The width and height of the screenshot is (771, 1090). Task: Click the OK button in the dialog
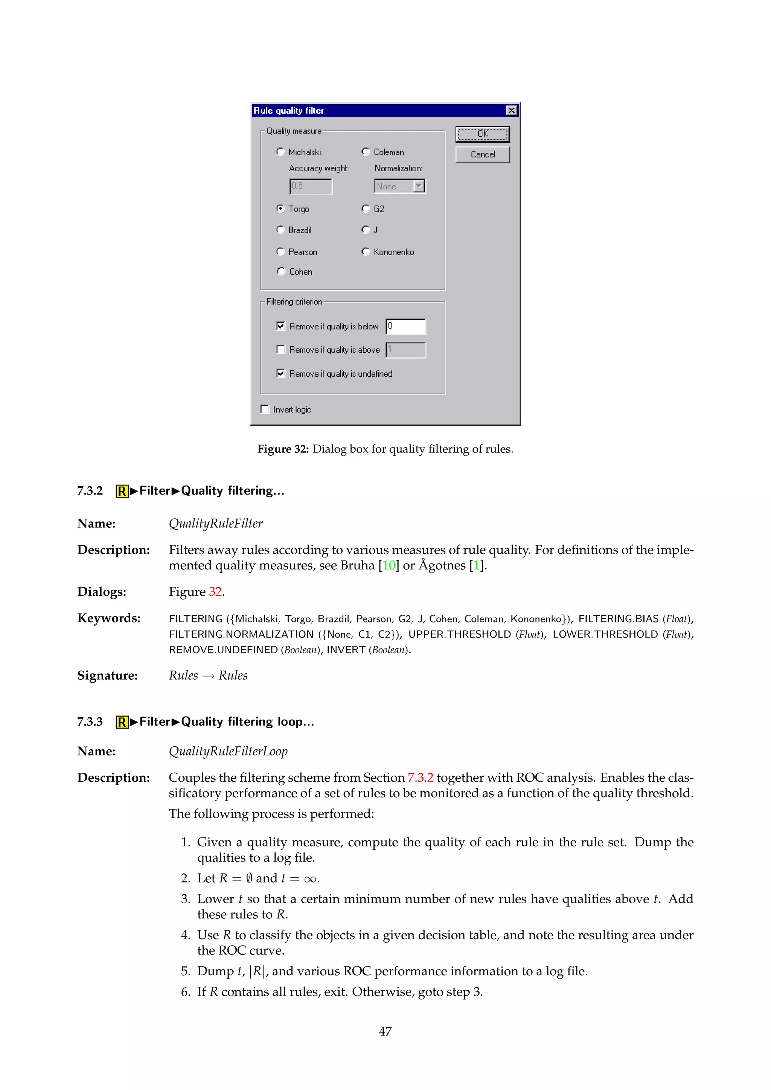coord(482,134)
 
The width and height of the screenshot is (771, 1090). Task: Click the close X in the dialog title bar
coord(511,111)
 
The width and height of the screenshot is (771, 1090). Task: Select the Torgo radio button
coord(280,209)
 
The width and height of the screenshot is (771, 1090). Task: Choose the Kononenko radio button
coord(366,252)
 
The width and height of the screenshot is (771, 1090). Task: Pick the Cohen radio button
coord(280,271)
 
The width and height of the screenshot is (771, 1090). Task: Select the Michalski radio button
coord(280,151)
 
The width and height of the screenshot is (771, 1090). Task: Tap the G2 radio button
coord(366,209)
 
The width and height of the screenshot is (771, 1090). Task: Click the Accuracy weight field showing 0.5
coord(311,186)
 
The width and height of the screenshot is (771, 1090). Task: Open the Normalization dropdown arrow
coord(419,186)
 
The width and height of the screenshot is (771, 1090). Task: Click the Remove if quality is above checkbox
coord(280,349)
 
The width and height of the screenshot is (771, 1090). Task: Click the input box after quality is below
coord(406,326)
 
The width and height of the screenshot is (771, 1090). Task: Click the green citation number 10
coord(389,565)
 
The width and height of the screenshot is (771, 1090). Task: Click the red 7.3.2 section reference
coord(420,778)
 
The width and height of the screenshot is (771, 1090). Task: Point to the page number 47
coord(385,1031)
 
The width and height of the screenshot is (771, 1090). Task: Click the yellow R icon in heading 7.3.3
coord(122,722)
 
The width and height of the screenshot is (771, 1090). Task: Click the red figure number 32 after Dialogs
coord(215,592)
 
